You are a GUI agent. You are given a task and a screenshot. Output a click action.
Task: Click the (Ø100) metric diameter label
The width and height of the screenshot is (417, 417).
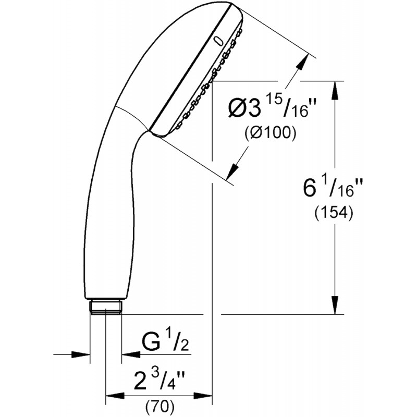coord(270,133)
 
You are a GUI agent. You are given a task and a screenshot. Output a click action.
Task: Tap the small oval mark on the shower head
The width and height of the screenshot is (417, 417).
coord(218,40)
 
